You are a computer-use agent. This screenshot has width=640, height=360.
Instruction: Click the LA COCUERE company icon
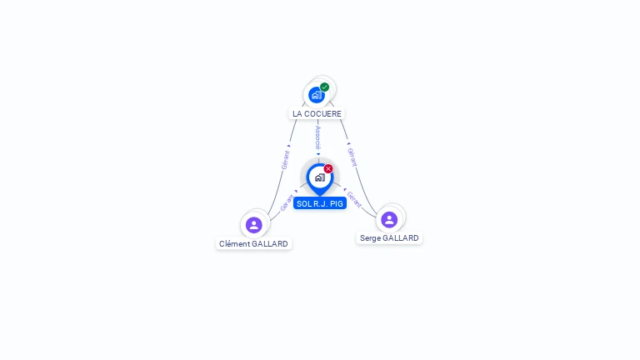pos(316,95)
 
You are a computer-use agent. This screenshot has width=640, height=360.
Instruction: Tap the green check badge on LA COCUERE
pos(325,87)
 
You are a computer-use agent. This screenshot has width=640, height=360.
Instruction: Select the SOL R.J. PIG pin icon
pos(319,177)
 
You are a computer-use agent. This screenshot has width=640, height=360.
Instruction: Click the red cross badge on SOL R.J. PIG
pos(328,168)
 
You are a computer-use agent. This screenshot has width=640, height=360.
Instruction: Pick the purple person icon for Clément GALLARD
pos(254,224)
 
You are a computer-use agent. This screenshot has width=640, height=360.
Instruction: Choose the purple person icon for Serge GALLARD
pos(389,219)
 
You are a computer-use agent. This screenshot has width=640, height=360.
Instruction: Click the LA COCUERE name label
pos(317,113)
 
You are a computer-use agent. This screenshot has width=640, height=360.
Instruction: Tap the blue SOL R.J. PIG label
pos(320,203)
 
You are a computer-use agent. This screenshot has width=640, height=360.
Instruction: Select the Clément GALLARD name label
pos(253,244)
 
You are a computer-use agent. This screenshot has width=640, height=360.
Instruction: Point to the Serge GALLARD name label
pos(389,238)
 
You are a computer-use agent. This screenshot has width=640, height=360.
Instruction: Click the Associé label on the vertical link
pos(317,137)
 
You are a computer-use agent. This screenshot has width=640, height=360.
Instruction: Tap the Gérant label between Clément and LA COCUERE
pos(286,160)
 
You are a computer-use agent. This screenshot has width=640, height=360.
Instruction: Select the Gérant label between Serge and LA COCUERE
pos(352,157)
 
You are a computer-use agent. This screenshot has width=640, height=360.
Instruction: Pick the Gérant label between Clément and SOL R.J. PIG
pos(287,202)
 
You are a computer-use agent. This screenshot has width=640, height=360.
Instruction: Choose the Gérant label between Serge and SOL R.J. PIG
pos(354,198)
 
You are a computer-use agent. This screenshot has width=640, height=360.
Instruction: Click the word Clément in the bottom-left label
pos(234,244)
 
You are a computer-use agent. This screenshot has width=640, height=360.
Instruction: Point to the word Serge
pos(370,238)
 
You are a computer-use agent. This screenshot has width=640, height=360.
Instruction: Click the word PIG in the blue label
pos(336,203)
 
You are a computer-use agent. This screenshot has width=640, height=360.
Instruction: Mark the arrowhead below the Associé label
pos(317,154)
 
